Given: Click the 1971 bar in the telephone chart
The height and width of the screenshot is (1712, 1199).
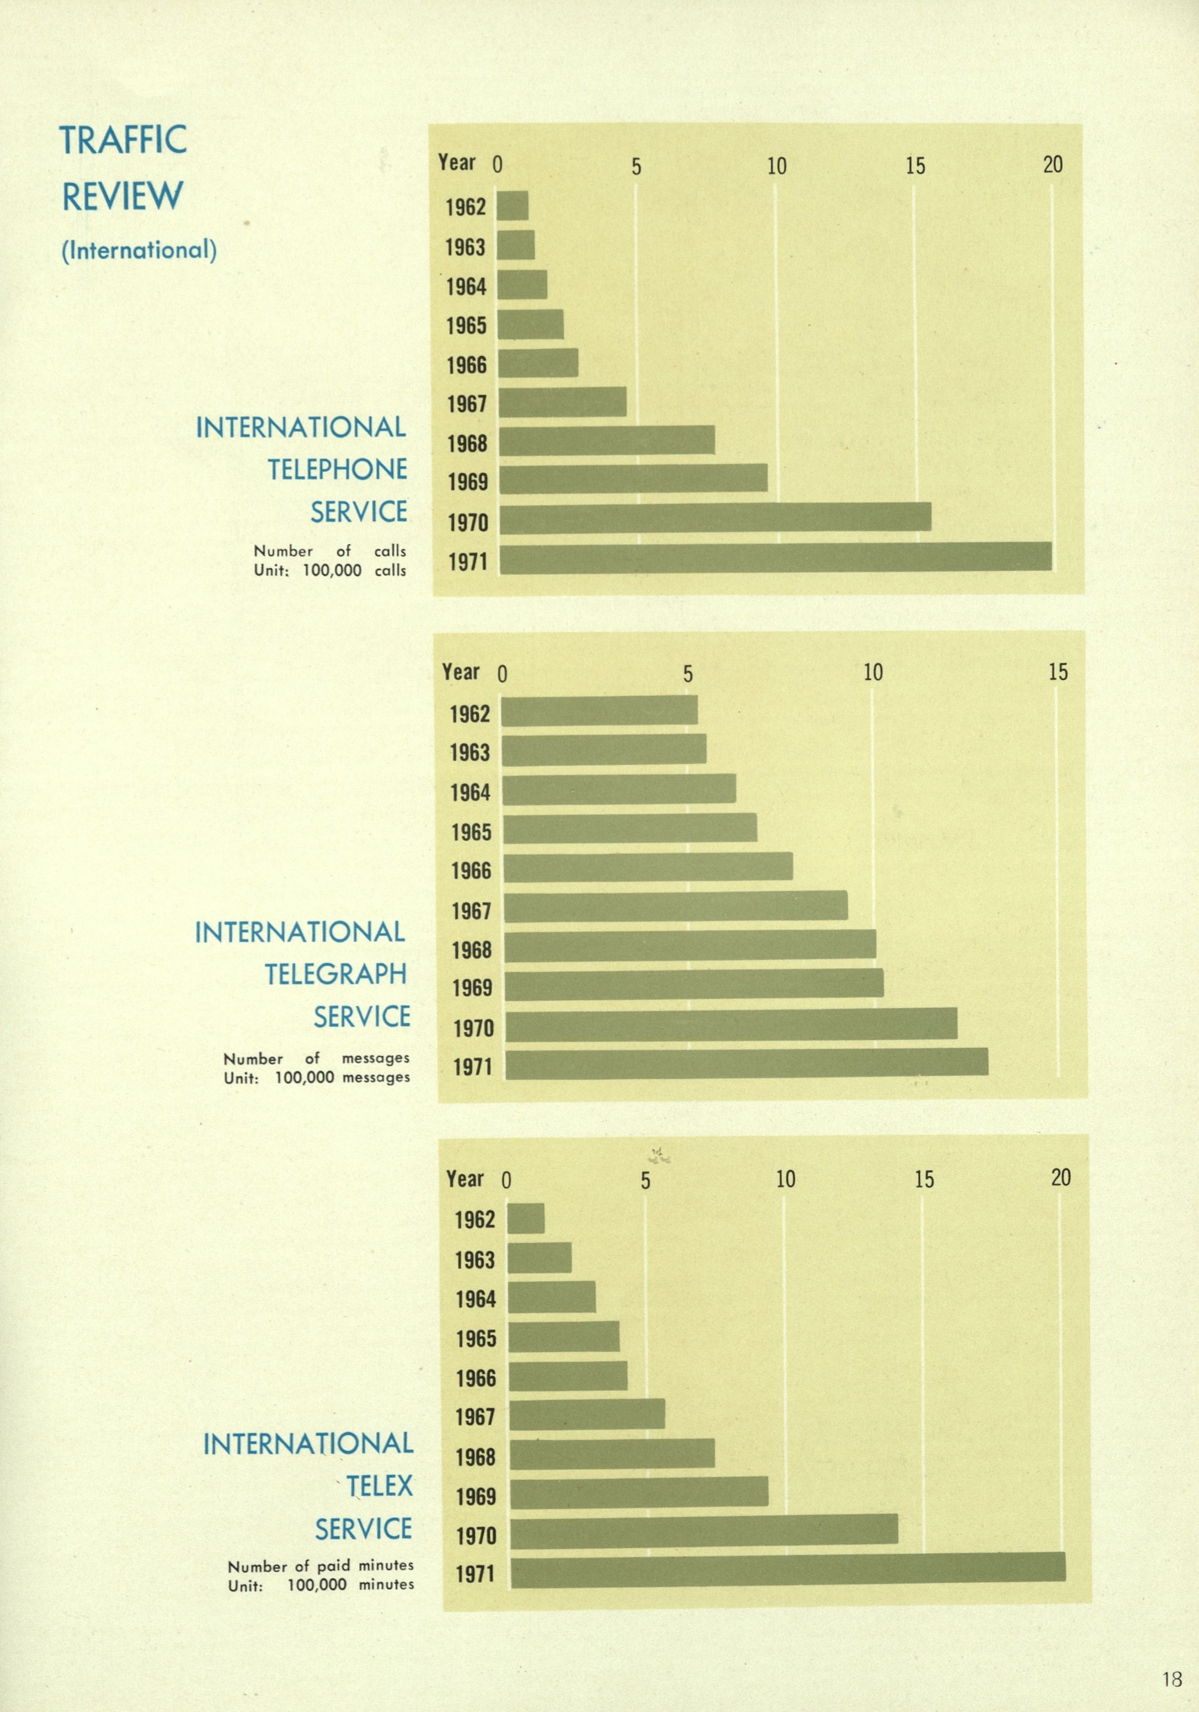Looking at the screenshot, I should [x=775, y=558].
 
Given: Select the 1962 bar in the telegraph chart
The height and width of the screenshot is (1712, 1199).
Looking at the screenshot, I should [x=599, y=711].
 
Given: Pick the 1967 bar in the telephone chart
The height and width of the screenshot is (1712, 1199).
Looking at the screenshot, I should [x=562, y=403].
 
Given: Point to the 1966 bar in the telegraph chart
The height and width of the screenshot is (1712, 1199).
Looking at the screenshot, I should [x=648, y=867].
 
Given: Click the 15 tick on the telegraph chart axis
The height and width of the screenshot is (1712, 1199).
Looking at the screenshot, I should [x=1057, y=673].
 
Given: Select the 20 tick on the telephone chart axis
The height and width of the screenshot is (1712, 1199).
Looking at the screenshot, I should [x=1052, y=165].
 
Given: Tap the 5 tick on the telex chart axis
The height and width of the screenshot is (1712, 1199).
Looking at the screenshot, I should [x=645, y=1180].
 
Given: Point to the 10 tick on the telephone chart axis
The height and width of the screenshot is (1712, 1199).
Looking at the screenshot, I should [x=776, y=166].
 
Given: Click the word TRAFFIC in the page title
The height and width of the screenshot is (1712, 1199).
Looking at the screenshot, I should [x=123, y=140].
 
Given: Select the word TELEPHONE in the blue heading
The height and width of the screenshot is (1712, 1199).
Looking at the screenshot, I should [x=337, y=470].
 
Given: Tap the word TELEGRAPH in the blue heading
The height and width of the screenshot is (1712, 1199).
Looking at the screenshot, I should [x=335, y=974].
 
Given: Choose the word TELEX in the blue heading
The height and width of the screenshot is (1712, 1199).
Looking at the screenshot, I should [x=379, y=1486].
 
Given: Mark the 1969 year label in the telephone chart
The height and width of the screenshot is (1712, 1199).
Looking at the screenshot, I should [x=467, y=482].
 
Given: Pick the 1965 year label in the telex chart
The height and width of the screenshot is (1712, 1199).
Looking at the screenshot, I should [x=475, y=1338].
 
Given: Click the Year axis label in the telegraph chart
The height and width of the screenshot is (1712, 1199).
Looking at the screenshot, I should [x=460, y=672].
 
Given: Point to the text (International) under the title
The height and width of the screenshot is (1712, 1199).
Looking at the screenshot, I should [x=138, y=250].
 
